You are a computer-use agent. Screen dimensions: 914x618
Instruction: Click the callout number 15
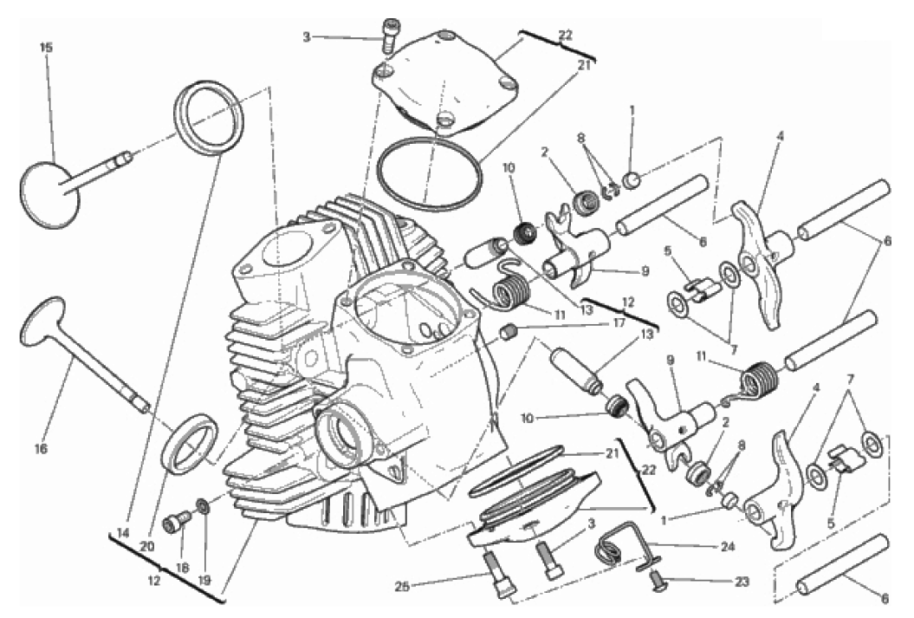(x=46, y=47)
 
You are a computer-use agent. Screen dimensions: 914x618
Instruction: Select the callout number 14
(x=122, y=532)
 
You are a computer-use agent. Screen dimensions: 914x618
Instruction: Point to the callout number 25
(x=402, y=585)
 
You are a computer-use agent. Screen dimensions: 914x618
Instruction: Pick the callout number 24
(x=727, y=546)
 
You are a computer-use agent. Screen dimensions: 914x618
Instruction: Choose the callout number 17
(x=619, y=322)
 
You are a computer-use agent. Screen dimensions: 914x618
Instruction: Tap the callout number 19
(x=204, y=581)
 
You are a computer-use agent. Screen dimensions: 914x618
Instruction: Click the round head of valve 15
(x=49, y=195)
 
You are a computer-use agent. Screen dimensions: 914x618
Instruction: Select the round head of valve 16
(x=43, y=321)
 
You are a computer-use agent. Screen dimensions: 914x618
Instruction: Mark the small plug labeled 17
(x=509, y=334)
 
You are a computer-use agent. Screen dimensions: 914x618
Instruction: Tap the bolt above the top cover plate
(x=388, y=32)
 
